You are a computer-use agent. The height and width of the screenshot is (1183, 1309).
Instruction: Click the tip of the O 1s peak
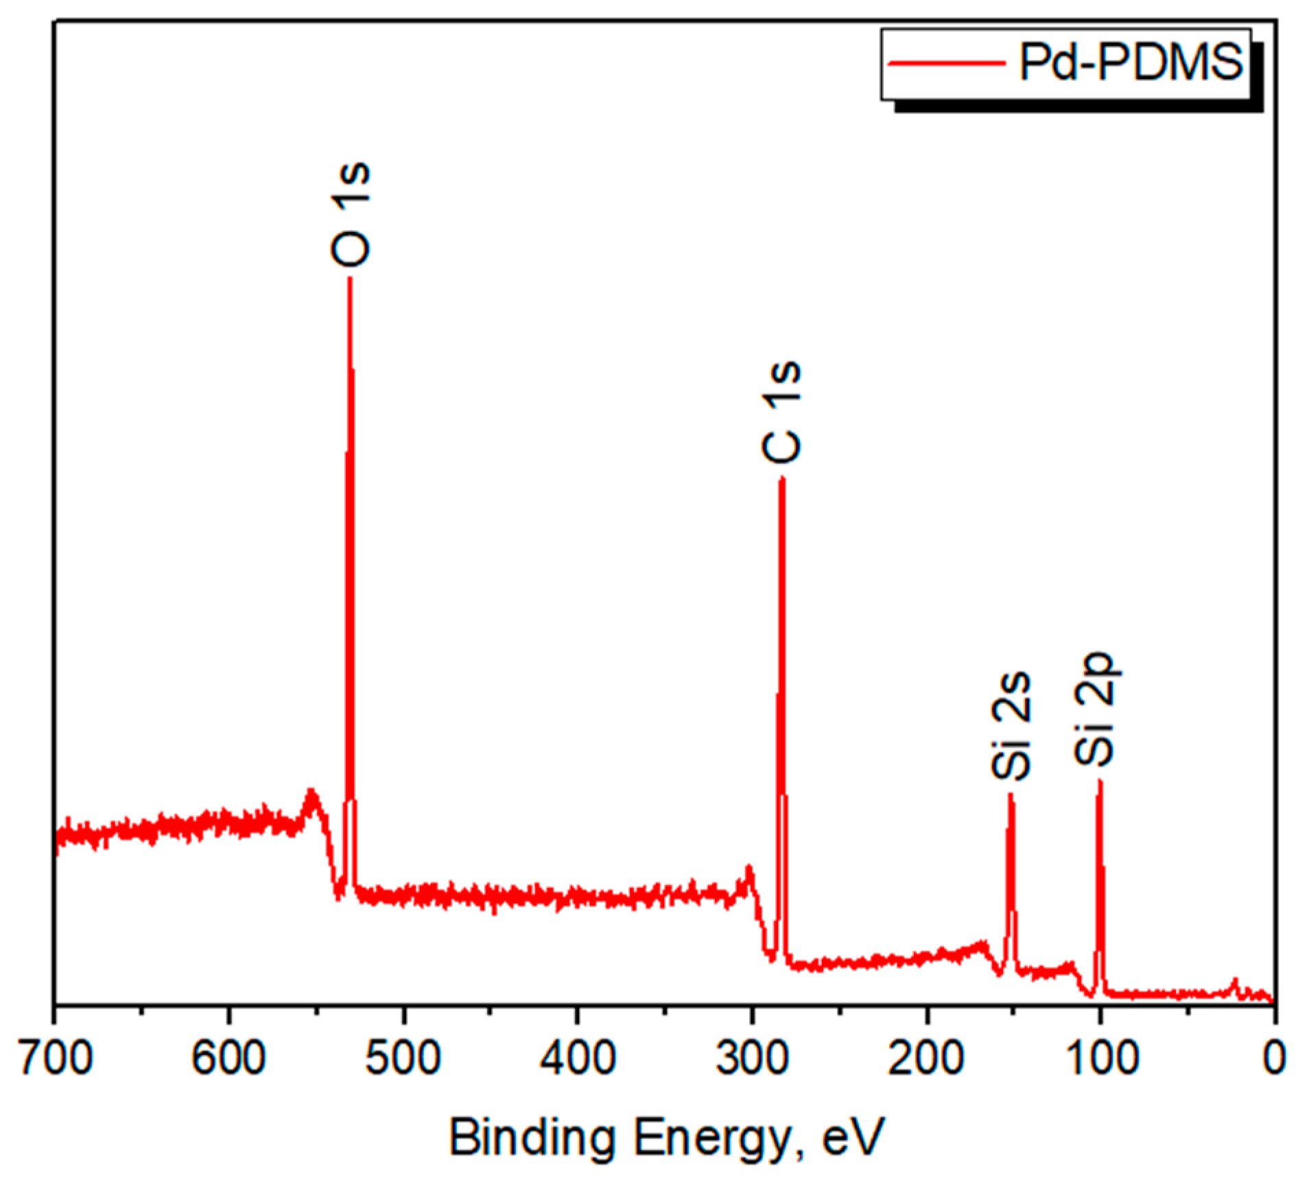point(350,278)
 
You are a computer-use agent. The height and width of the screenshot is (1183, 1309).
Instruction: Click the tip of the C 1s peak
point(781,478)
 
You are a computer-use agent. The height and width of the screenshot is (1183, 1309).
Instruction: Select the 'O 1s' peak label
point(351,214)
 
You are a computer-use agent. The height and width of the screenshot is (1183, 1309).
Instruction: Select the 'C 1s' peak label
point(781,412)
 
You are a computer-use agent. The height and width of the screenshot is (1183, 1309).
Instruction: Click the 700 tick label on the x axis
point(55,1057)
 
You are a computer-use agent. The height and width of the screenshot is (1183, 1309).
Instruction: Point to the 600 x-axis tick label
point(228,1057)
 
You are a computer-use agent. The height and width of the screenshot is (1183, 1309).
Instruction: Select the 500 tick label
point(403,1057)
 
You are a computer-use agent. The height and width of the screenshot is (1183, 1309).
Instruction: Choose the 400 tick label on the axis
point(577,1057)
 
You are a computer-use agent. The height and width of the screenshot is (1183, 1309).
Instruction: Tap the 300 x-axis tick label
point(751,1057)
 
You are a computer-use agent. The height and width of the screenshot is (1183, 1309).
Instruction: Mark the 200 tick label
point(925,1057)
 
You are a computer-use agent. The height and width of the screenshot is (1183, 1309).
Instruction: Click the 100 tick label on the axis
point(1100,1057)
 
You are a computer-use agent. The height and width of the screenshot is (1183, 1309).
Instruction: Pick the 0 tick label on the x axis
point(1273,1057)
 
